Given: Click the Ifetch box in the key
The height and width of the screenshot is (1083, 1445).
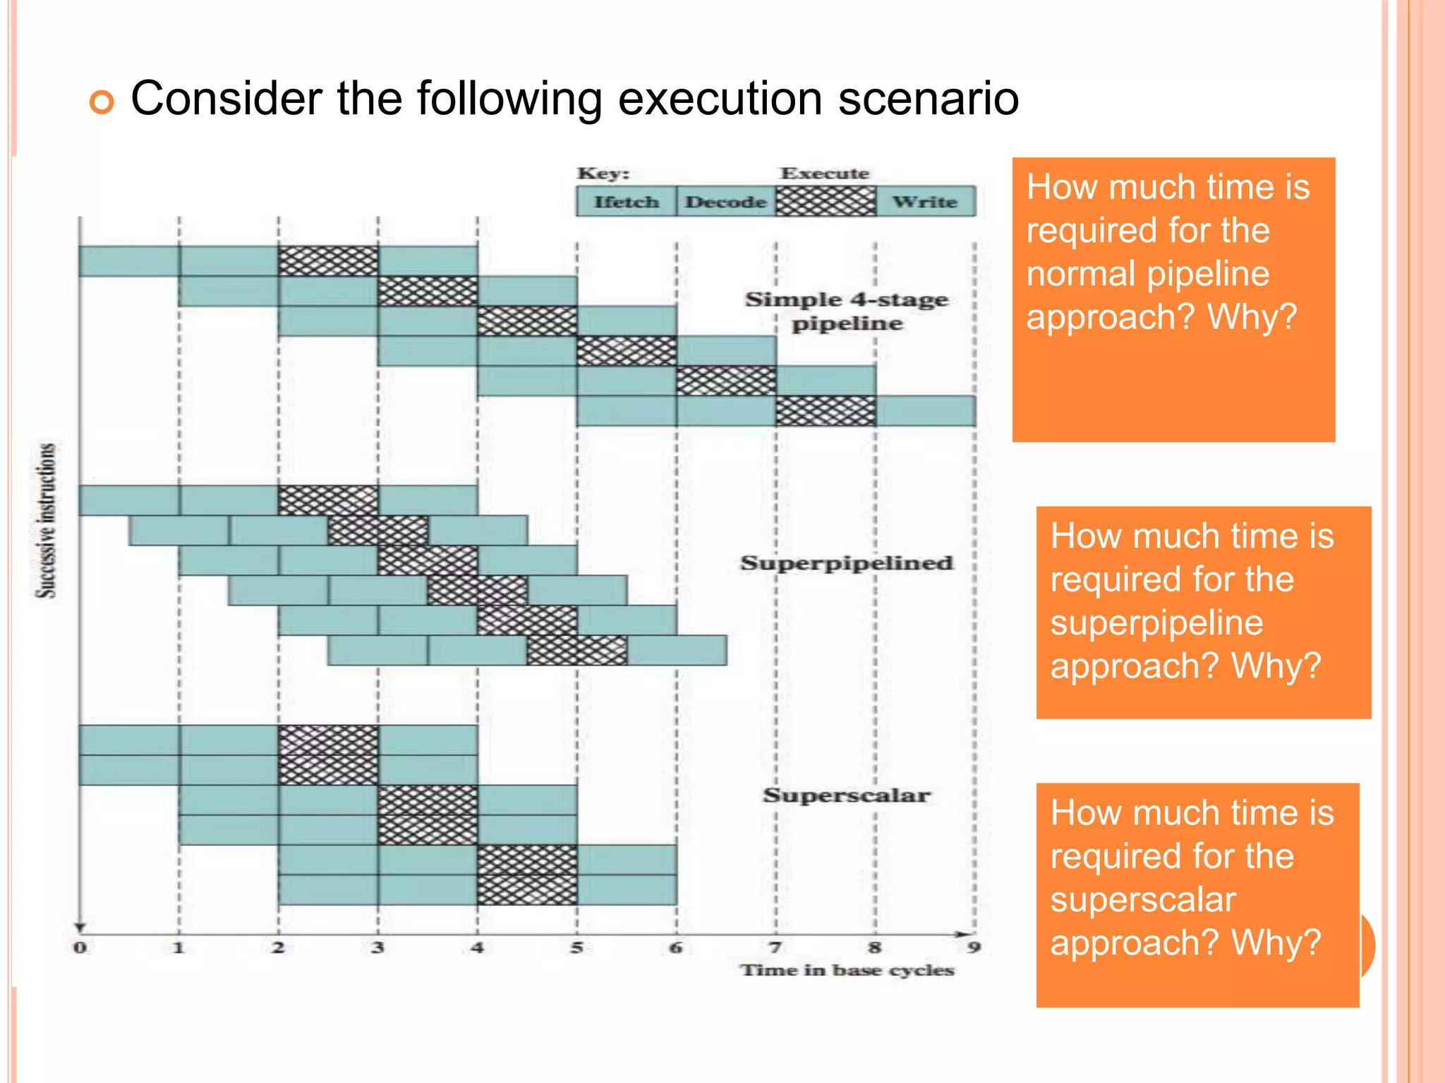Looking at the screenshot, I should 626,202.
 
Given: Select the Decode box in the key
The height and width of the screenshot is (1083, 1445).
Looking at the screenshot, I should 725,202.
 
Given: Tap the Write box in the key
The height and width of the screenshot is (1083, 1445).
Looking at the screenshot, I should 925,202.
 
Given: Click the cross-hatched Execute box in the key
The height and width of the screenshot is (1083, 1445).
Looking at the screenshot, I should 826,202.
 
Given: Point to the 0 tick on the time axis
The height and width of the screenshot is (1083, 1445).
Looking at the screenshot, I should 80,947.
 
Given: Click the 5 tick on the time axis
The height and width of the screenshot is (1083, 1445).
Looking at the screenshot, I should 576,947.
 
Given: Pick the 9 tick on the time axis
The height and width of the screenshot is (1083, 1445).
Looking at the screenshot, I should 974,947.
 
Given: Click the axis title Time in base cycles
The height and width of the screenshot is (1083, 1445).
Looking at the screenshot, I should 847,970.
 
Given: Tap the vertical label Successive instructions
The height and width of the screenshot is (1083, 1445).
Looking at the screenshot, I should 46,520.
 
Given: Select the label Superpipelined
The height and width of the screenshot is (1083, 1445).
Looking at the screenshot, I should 846,563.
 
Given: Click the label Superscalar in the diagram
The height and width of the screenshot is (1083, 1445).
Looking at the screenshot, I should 846,795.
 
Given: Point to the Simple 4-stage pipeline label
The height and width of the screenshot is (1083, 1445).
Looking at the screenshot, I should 846,311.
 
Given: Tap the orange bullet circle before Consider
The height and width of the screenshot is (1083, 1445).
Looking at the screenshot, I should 102,102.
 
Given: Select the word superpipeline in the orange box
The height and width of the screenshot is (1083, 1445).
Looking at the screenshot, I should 1156,623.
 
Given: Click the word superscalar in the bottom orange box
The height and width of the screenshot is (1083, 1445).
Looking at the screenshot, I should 1142,900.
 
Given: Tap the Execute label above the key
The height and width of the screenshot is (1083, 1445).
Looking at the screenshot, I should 825,173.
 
